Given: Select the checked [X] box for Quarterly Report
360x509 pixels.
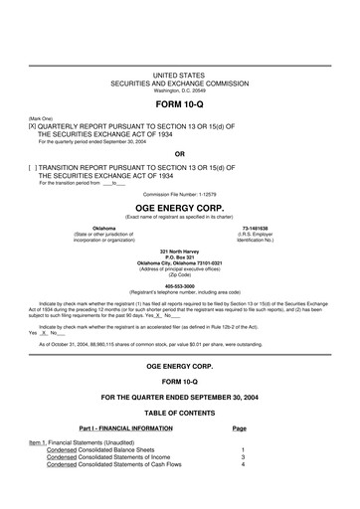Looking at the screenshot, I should click(x=34, y=126).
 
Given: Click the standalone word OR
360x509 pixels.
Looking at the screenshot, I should click(x=179, y=154).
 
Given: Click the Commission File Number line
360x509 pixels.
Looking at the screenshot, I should click(x=179, y=193).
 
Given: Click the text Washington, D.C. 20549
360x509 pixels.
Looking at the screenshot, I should click(x=179, y=90).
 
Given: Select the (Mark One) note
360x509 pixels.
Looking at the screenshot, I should click(x=41, y=118).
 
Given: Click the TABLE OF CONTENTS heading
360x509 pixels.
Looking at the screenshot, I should click(x=180, y=411).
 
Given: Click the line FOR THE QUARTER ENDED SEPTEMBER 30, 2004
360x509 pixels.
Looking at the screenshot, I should click(x=180, y=396).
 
